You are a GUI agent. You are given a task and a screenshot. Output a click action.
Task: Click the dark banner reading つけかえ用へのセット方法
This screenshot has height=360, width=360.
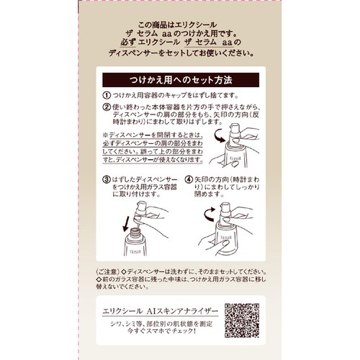coord(180,78)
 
